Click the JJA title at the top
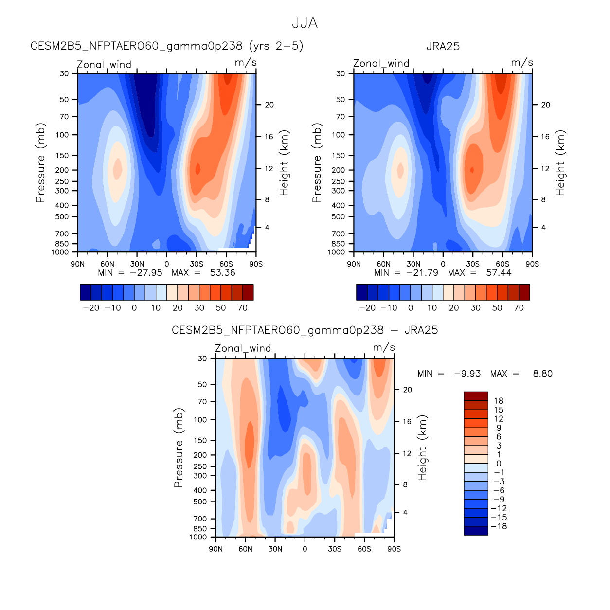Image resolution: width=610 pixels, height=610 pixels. click(305, 23)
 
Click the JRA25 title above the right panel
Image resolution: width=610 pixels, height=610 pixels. click(443, 47)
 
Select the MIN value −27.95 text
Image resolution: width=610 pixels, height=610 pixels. click(146, 273)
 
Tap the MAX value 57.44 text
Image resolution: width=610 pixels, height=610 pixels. click(499, 273)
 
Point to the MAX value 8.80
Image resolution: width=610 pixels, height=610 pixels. click(542, 374)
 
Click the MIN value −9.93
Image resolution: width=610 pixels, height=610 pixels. click(467, 374)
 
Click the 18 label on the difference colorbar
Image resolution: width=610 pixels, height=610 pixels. click(499, 401)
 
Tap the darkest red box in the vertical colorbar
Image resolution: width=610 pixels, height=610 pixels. click(476, 396)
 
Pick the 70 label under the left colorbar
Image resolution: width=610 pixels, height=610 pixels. click(242, 308)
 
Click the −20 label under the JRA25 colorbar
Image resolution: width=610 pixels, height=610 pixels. click(367, 308)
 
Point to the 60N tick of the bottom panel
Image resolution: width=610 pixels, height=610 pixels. click(245, 549)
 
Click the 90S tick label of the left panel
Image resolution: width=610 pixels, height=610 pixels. click(256, 264)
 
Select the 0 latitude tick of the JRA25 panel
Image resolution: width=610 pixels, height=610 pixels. click(443, 264)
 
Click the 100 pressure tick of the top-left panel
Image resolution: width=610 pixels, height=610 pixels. click(62, 135)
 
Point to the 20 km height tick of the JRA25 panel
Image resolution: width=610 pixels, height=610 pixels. click(545, 105)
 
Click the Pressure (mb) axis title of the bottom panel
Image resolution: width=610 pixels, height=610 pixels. click(179, 448)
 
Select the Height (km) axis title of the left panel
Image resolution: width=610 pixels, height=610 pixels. click(284, 163)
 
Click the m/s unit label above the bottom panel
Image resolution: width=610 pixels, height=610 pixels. click(383, 347)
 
